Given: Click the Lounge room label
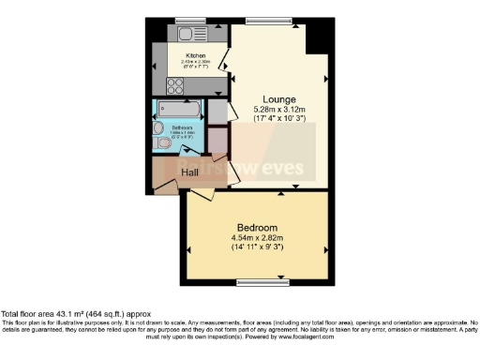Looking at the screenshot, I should click(x=279, y=99).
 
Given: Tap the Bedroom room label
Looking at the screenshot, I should click(x=257, y=228).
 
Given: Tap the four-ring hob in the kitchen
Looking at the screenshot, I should click(x=176, y=85).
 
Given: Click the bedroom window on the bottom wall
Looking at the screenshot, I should click(x=262, y=280).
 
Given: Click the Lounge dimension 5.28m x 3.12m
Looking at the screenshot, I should click(x=279, y=110).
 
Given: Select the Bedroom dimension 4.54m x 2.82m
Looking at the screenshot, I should click(x=257, y=238).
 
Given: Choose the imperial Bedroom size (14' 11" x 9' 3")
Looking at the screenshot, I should click(x=257, y=248).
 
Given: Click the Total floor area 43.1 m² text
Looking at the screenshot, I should click(x=73, y=313).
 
